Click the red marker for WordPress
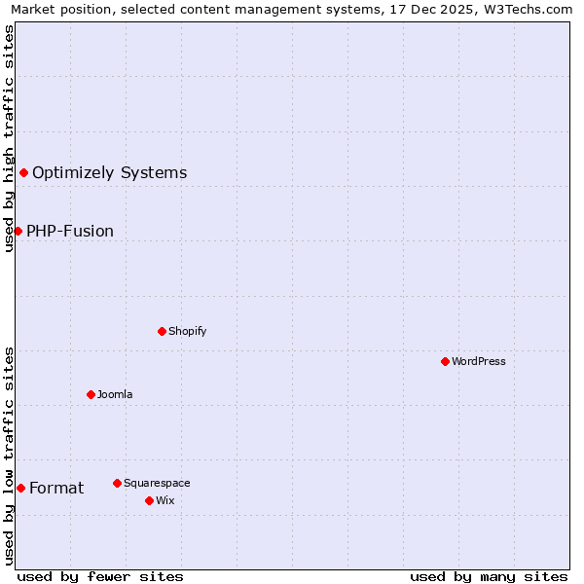pos(445,361)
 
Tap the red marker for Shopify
pos(162,331)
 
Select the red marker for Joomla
pos(91,394)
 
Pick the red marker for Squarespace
pos(117,483)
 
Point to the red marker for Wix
pos(149,500)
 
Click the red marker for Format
pos(20,488)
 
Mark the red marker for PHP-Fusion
pos(18,231)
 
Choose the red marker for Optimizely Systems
pos(23,172)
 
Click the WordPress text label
pos(479,361)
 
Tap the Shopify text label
pos(187,331)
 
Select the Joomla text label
pos(115,394)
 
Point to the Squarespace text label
pos(157,483)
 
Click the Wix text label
pos(164,500)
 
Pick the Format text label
pos(56,488)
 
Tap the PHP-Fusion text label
pos(70,231)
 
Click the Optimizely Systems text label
pos(109,172)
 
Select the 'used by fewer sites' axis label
pos(100,576)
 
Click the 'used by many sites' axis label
pos(489,576)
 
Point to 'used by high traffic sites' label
pos(9,138)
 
